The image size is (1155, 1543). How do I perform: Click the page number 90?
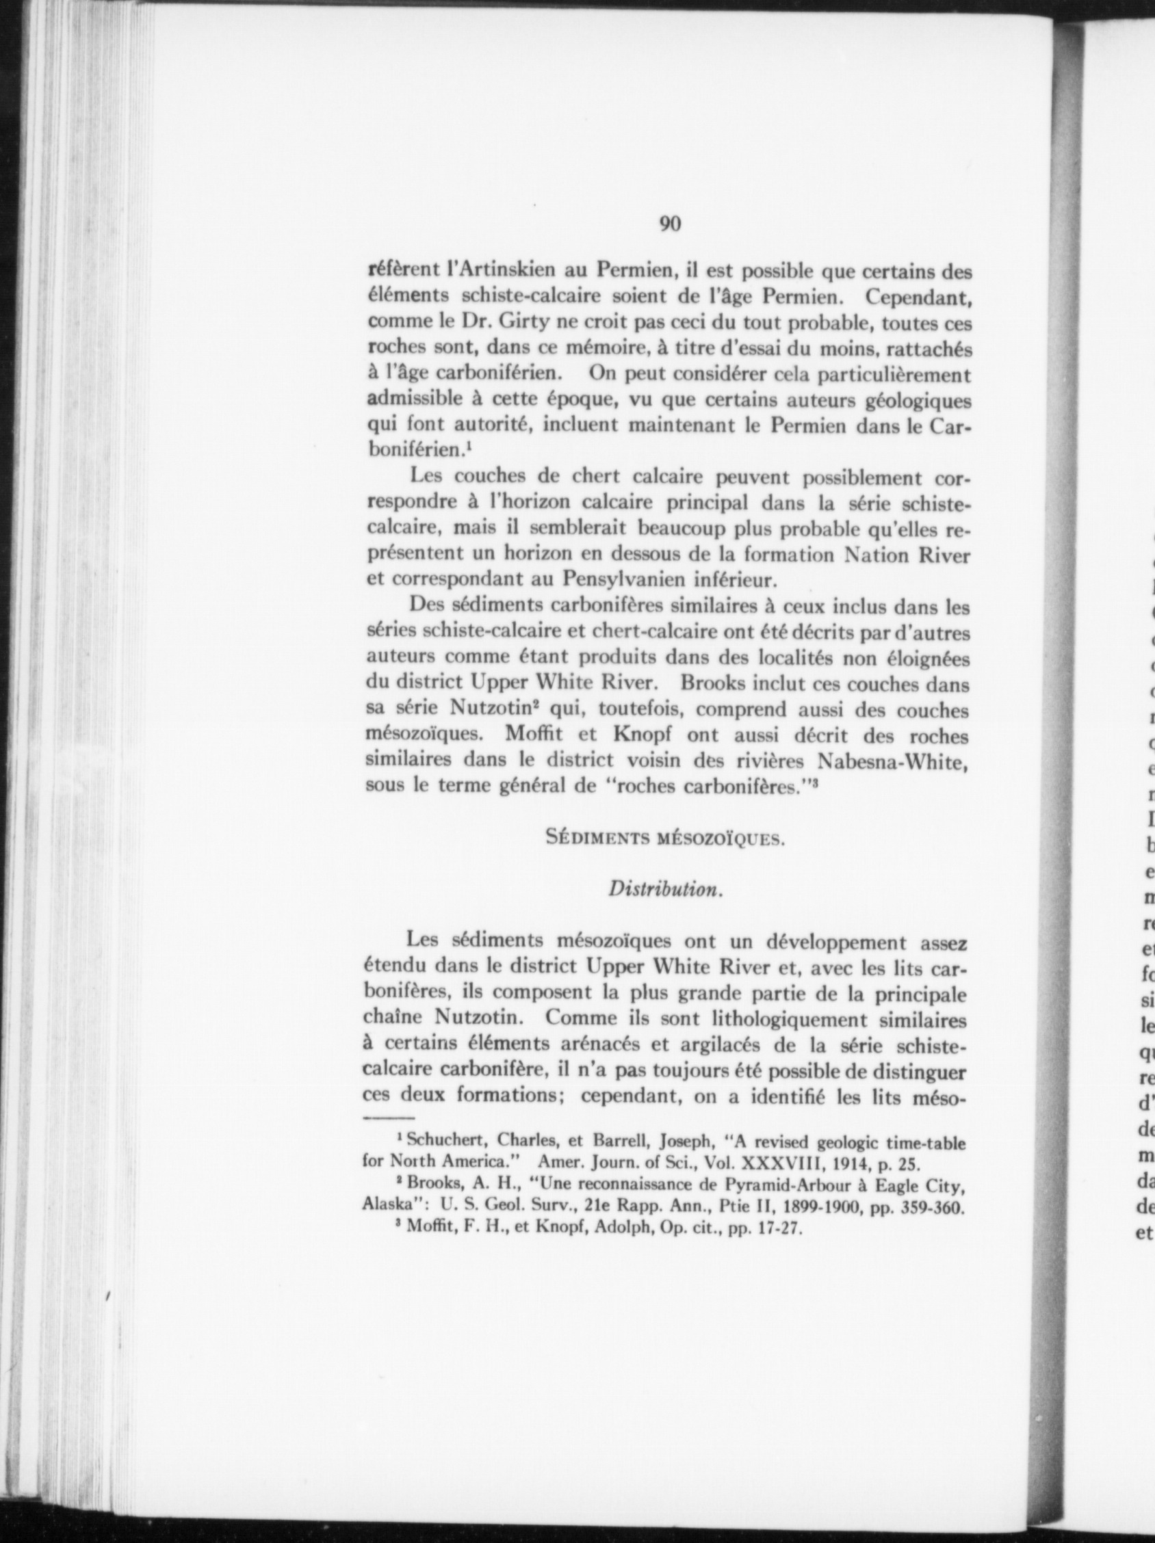[x=670, y=224]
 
